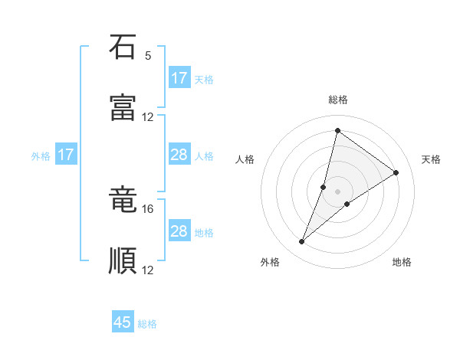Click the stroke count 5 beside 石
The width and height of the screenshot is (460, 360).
[x=148, y=56]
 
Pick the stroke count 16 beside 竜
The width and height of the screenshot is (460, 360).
[x=148, y=208]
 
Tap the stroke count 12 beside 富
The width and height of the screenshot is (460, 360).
[x=148, y=117]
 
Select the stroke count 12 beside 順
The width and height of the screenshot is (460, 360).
[x=148, y=270]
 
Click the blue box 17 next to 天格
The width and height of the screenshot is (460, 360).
[x=179, y=78]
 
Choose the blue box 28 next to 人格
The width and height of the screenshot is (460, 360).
[x=179, y=155]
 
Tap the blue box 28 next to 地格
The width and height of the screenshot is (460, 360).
[x=179, y=231]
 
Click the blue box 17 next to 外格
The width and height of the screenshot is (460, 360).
[x=66, y=155]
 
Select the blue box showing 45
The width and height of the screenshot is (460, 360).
[x=123, y=322]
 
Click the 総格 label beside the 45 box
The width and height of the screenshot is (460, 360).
[x=148, y=324]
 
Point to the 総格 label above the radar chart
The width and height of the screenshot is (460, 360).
[x=338, y=100]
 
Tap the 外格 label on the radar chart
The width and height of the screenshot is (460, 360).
[x=270, y=262]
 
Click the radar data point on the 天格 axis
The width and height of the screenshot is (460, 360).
[x=396, y=172]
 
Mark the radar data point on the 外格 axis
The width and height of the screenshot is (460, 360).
[x=302, y=242]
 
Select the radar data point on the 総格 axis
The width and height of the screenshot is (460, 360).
[x=337, y=131]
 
